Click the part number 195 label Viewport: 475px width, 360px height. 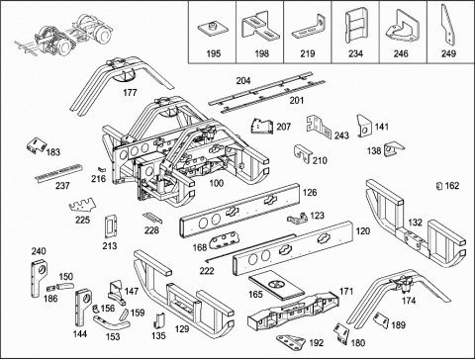(x=214, y=53)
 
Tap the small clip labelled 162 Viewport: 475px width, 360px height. (x=439, y=186)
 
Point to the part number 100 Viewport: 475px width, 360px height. (x=217, y=183)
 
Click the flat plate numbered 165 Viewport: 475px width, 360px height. (x=276, y=285)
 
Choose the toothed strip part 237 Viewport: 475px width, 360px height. (x=58, y=172)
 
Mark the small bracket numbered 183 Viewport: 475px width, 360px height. (x=36, y=145)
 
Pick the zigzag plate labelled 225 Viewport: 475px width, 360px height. (x=83, y=206)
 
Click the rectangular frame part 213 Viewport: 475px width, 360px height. (x=111, y=226)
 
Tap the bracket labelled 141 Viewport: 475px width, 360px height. (x=364, y=125)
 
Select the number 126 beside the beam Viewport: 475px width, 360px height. (x=310, y=192)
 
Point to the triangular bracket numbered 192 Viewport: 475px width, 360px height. (x=290, y=342)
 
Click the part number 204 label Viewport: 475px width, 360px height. (x=243, y=80)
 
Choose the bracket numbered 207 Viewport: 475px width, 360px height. (x=262, y=127)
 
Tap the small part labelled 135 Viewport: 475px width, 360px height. (x=159, y=320)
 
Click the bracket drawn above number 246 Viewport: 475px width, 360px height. (x=403, y=27)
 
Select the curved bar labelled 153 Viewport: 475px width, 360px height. (x=111, y=323)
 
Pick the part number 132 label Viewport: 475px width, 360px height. (x=415, y=223)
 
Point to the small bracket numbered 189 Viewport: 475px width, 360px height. (x=382, y=319)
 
